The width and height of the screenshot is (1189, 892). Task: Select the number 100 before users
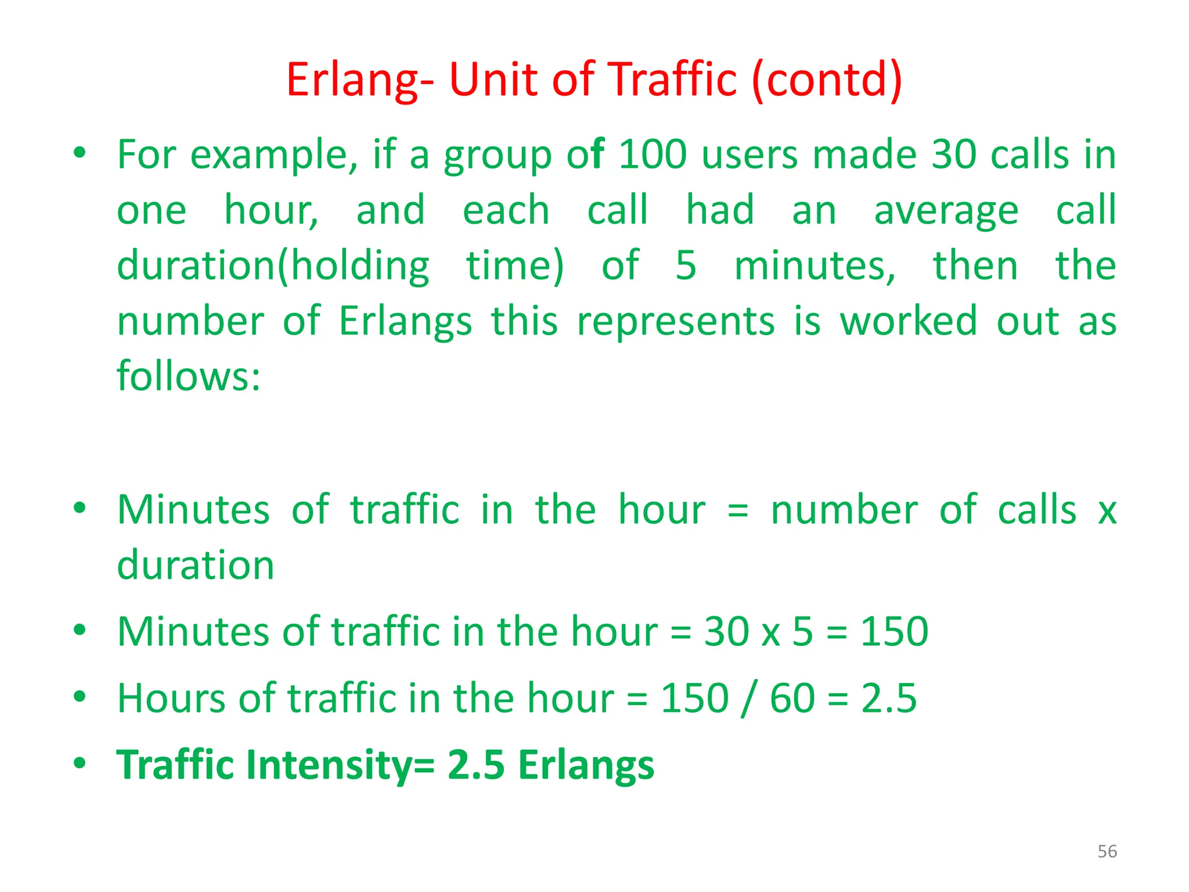(653, 155)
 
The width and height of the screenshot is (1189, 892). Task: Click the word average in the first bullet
(946, 211)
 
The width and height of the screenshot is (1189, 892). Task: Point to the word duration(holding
(273, 266)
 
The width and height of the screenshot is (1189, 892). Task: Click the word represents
(676, 321)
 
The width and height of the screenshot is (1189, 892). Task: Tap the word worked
(909, 321)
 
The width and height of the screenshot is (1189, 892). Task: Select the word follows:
(189, 376)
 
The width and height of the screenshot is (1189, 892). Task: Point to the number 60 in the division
(792, 697)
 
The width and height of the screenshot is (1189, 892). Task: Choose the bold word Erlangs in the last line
(586, 765)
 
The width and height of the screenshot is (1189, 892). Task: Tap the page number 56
(1107, 851)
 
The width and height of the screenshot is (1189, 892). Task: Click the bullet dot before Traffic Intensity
(80, 762)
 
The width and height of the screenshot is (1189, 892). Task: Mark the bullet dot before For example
(80, 153)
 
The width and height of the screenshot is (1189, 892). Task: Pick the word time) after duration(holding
(515, 266)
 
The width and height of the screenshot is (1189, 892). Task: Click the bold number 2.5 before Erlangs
(476, 765)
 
